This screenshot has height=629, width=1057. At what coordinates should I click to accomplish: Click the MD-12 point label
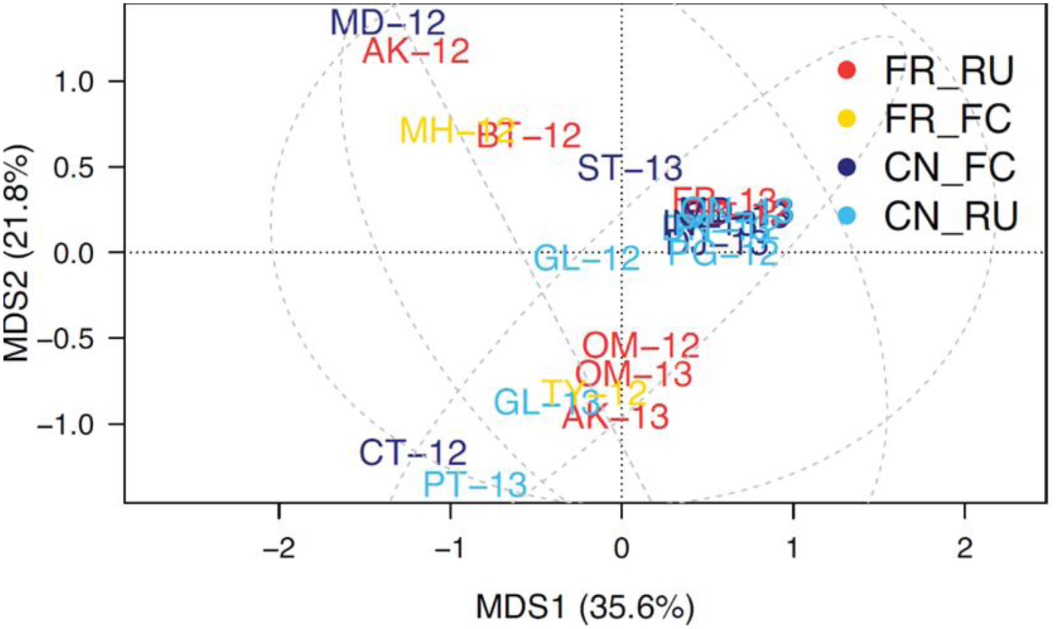[x=388, y=23]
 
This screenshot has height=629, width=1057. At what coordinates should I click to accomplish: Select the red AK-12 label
[x=416, y=51]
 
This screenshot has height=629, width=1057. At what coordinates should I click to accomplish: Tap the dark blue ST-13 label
[x=629, y=169]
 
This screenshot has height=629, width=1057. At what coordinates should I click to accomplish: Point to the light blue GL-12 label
[x=587, y=259]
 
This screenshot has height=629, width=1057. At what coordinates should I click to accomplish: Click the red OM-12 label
[x=641, y=346]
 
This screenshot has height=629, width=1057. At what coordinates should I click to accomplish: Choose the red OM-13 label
[x=634, y=374]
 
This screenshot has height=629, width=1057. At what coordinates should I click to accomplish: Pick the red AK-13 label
[x=615, y=417]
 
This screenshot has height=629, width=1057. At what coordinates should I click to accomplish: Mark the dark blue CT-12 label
[x=413, y=453]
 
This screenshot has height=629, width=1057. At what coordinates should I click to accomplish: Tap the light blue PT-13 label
[x=475, y=484]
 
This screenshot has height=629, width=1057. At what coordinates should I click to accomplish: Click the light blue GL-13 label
[x=546, y=403]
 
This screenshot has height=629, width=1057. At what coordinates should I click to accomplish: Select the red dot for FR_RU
[x=847, y=70]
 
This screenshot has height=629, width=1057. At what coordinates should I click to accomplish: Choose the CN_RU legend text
[x=951, y=216]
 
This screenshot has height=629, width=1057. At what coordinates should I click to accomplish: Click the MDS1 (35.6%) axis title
[x=584, y=607]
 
